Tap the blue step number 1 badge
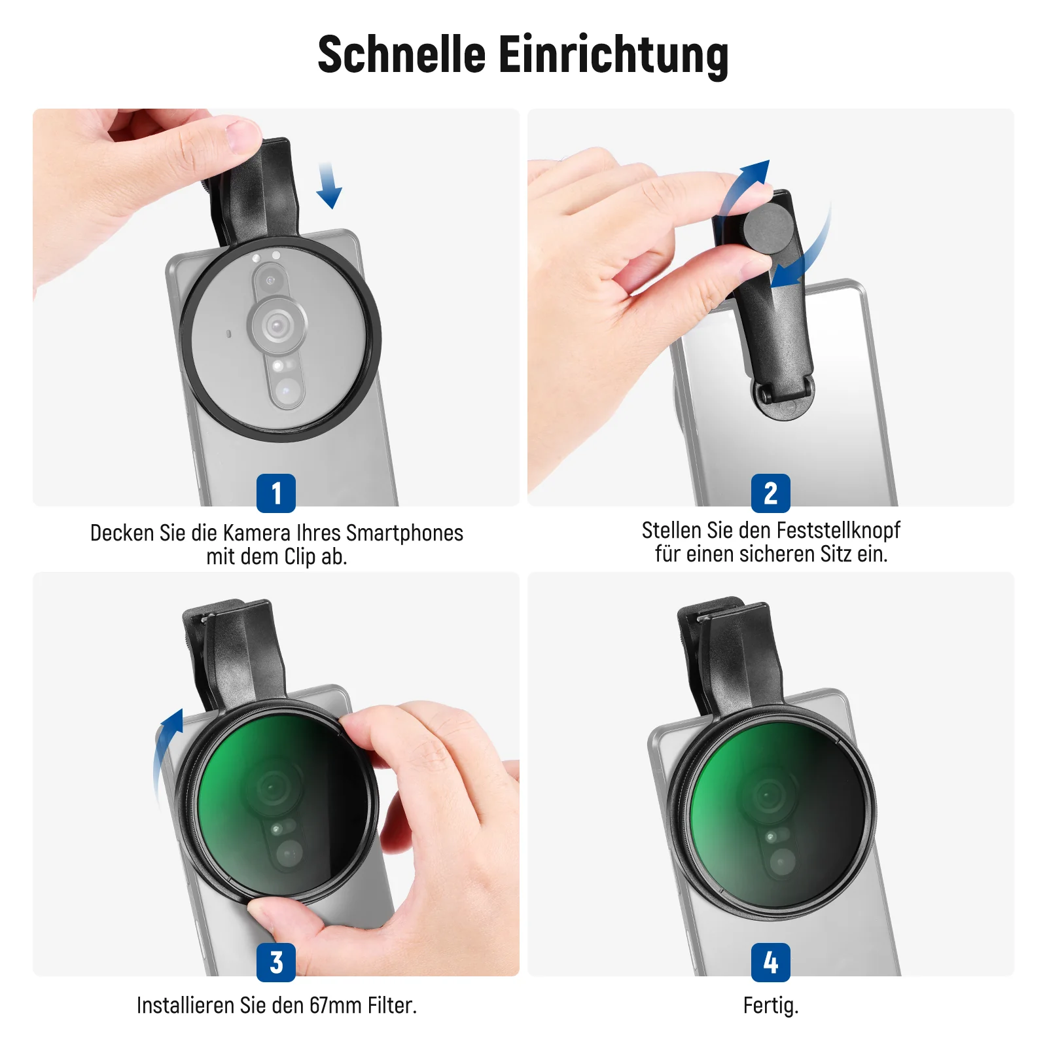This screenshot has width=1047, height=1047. [276, 493]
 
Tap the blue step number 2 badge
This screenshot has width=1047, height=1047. [771, 493]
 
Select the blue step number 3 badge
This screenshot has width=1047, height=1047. [276, 963]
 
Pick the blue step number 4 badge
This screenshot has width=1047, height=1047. [771, 963]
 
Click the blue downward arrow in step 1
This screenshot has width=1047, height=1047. [328, 186]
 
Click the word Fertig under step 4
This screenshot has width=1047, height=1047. [771, 1006]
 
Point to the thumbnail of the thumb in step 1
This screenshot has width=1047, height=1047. [243, 136]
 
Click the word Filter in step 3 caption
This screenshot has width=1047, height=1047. [391, 1005]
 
